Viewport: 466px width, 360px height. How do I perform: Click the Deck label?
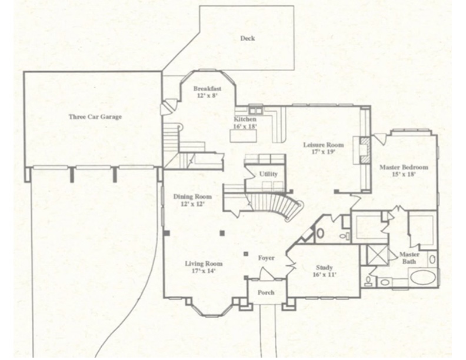(248, 39)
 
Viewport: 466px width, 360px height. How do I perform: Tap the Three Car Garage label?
(95, 116)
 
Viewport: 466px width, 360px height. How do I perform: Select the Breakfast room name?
(207, 88)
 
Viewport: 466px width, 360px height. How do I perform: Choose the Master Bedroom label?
(404, 167)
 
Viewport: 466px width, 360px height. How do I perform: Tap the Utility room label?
(268, 174)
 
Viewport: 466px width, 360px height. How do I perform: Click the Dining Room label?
(192, 196)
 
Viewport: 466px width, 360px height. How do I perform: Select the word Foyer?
(266, 258)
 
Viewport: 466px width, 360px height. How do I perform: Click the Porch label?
(266, 292)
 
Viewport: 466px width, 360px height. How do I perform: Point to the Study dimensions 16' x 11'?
(324, 274)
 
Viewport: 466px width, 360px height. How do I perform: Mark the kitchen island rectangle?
(244, 136)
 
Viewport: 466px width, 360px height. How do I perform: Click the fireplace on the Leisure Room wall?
(364, 150)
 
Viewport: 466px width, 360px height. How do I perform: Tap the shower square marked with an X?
(377, 254)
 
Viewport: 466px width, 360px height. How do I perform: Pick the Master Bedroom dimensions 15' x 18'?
(404, 175)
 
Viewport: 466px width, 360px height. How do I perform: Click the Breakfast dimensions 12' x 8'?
(207, 95)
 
